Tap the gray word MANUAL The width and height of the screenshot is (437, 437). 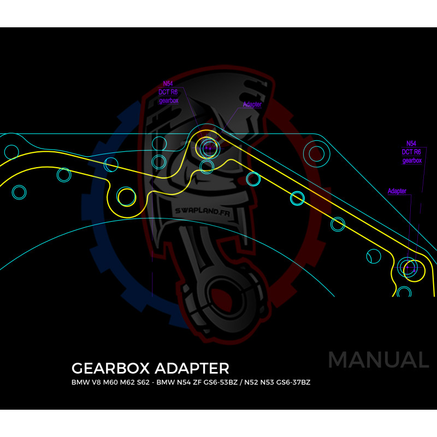[x=378, y=360]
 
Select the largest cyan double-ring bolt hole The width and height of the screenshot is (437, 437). [x=316, y=153]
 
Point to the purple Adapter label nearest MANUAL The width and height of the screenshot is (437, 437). [x=397, y=191]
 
